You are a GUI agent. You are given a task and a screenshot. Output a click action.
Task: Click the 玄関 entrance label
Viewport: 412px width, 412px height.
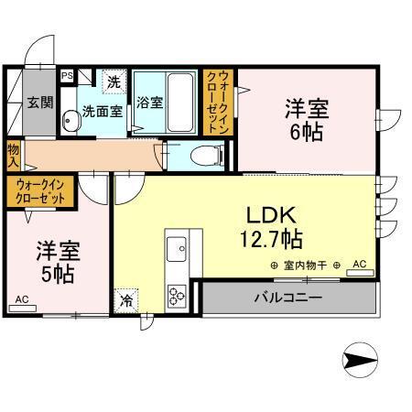pos(38,102)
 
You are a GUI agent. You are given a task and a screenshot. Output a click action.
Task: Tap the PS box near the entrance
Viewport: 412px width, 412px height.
pos(67,77)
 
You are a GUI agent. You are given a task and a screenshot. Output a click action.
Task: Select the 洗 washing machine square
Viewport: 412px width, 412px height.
pos(113,81)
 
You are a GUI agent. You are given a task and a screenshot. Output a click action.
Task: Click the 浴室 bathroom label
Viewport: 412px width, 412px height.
pos(149,103)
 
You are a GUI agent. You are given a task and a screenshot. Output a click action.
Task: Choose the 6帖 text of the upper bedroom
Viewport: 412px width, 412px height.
pos(307,134)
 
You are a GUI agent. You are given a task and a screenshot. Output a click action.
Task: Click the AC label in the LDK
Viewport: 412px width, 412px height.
pos(359,265)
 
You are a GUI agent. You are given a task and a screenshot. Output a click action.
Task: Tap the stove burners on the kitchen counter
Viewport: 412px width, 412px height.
pos(176,295)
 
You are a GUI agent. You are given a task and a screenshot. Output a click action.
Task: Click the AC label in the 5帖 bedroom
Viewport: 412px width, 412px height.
pos(21,298)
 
